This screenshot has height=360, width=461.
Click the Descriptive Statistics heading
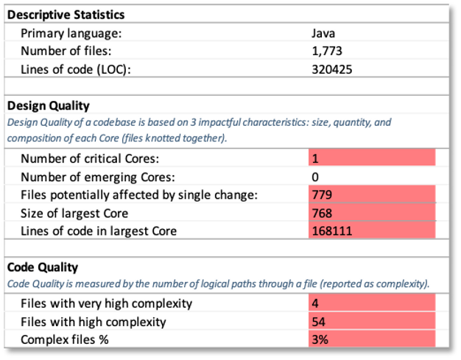coord(66,15)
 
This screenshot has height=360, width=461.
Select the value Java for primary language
coord(324,33)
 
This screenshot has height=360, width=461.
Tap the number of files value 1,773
coord(327,52)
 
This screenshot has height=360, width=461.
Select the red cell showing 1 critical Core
coord(372,158)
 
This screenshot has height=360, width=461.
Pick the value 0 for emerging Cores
coord(316,177)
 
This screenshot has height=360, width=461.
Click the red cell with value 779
coord(372,195)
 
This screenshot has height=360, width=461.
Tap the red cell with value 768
coord(372,213)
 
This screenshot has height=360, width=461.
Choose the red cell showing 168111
coord(372,231)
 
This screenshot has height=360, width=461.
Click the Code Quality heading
coord(43,267)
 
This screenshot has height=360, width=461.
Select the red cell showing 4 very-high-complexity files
coord(372,303)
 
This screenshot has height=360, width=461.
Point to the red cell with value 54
coord(372,322)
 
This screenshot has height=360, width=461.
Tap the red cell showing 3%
coord(372,339)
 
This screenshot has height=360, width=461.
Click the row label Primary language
coord(71,33)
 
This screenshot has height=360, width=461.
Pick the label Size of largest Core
coord(74,213)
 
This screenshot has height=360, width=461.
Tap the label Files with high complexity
coord(94,322)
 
